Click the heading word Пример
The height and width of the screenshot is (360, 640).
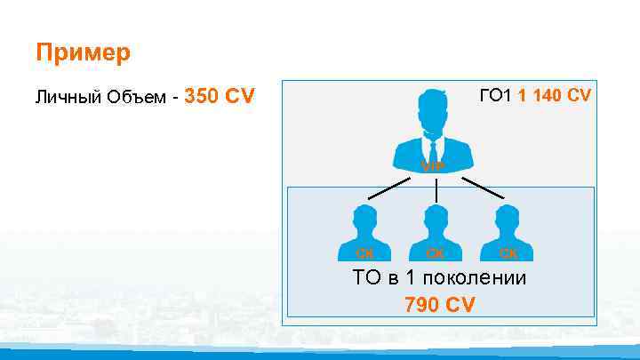83,52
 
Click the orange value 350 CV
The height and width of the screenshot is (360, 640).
219,95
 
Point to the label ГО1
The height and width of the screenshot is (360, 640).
497,95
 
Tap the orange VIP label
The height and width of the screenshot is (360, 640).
434,167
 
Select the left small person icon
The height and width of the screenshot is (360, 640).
364,229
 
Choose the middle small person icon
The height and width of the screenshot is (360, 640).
435,229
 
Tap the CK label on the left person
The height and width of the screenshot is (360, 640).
364,253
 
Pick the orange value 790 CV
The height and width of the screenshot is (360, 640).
439,305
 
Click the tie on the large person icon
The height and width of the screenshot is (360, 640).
434,142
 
